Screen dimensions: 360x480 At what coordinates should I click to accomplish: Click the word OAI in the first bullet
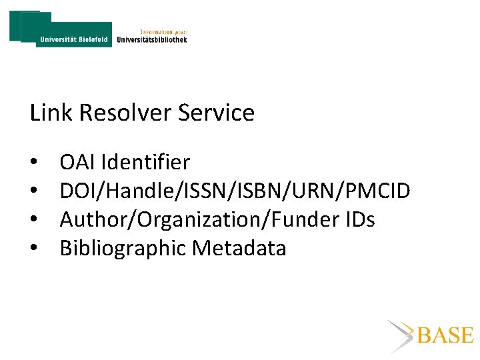pos(77,162)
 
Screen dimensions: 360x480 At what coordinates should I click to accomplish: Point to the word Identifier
pos(145,162)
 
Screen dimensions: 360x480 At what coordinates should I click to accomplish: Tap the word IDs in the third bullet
pos(360,219)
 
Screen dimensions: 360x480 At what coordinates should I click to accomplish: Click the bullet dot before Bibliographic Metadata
pos(33,249)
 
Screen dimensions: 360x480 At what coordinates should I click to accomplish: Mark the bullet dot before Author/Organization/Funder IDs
pos(33,221)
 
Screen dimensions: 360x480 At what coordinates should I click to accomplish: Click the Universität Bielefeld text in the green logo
pos(74,39)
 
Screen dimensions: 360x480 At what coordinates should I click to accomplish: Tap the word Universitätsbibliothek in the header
pos(152,39)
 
